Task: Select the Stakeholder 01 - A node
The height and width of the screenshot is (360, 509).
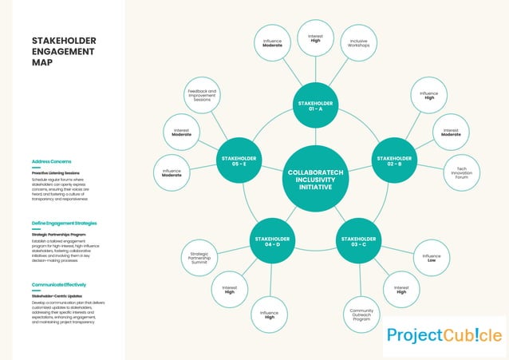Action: tap(316, 106)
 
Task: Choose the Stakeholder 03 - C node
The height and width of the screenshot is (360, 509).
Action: tap(359, 241)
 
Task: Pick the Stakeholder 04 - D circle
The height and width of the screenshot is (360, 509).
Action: tap(272, 241)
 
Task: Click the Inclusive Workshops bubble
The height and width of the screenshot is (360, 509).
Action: tap(358, 43)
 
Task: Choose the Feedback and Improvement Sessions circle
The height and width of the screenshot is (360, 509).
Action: tap(203, 96)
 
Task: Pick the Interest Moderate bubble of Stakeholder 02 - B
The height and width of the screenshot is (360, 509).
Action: tap(451, 132)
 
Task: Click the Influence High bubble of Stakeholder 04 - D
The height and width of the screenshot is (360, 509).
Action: tap(269, 314)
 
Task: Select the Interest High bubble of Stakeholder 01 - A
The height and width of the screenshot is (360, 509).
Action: tap(315, 38)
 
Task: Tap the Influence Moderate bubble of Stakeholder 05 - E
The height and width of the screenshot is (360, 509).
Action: tap(172, 172)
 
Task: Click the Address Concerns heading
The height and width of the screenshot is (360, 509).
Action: tap(51, 161)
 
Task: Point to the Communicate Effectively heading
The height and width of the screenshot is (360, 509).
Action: tap(59, 284)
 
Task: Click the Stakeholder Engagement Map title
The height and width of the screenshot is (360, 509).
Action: tap(64, 51)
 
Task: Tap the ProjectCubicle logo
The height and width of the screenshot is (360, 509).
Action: tap(444, 335)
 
